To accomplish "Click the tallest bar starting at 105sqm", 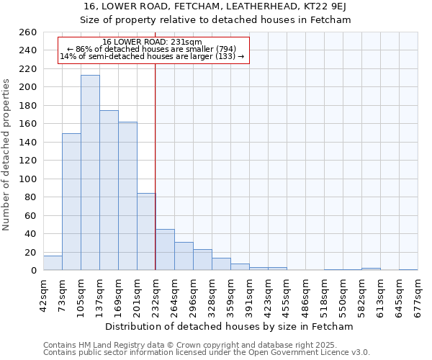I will pyautogui.click(x=90, y=173).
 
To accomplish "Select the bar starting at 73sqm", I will pyautogui.click(x=71, y=202).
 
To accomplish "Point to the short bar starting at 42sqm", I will pyautogui.click(x=53, y=264).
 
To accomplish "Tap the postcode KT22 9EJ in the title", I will pyautogui.click(x=303, y=6).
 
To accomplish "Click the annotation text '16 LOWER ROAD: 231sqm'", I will pyautogui.click(x=152, y=42).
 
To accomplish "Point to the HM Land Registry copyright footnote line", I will pyautogui.click(x=206, y=345).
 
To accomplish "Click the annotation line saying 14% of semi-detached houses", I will pyautogui.click(x=152, y=56).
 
